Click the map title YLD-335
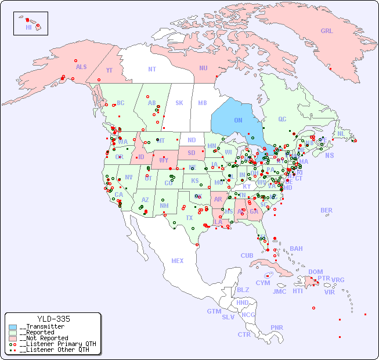(x=53, y=319)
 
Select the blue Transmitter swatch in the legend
(x=13, y=327)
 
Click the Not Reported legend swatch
(x=13, y=338)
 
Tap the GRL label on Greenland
(x=327, y=31)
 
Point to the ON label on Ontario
(x=238, y=120)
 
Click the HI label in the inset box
(x=28, y=27)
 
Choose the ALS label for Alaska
(x=81, y=67)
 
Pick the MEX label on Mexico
(x=178, y=261)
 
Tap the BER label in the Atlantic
(x=326, y=210)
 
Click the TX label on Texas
(x=189, y=218)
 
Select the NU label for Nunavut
(x=203, y=68)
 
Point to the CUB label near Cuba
(x=247, y=255)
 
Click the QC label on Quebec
(x=282, y=120)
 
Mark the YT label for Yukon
(x=109, y=70)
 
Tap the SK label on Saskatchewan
(x=179, y=103)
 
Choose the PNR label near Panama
(x=277, y=327)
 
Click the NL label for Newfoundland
(x=341, y=133)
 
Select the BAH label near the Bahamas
(x=296, y=249)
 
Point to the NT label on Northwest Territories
(x=151, y=69)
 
